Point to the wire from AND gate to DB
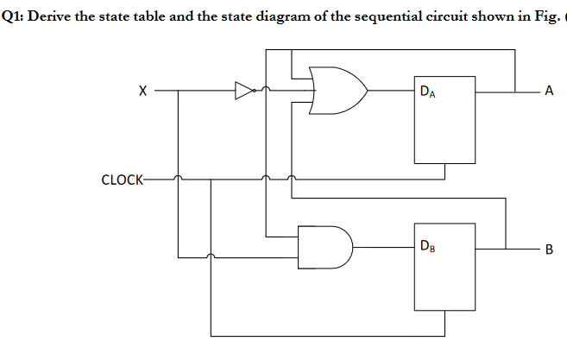384,246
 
